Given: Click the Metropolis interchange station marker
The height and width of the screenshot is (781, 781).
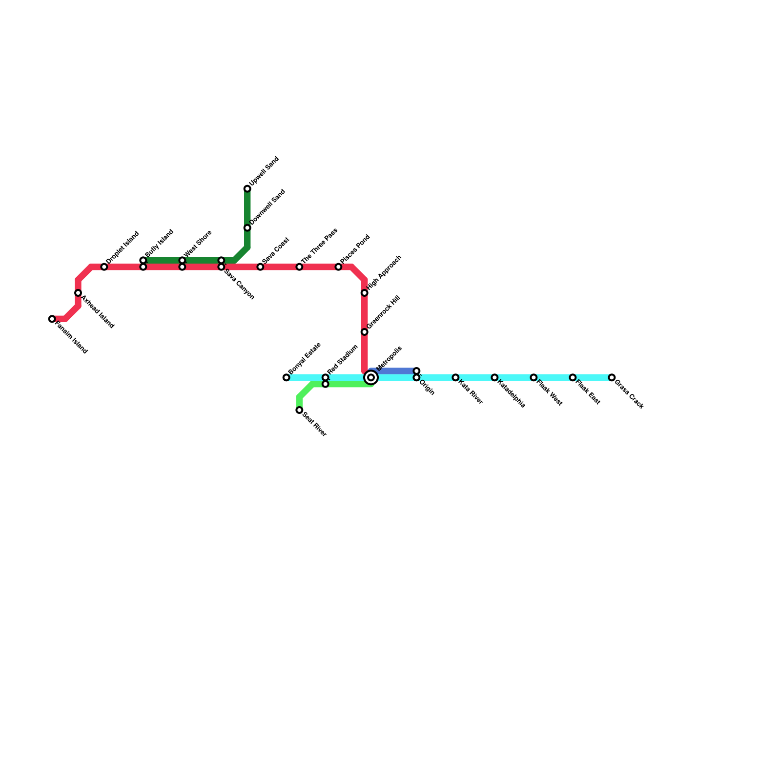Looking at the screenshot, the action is [371, 377].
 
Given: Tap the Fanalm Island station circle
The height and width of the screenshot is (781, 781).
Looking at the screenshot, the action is [52, 319].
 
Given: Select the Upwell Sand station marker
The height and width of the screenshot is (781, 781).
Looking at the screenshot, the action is [247, 189].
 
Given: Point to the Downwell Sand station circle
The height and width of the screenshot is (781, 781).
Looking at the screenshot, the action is [247, 228].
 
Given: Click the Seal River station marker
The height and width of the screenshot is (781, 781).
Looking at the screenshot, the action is [299, 410].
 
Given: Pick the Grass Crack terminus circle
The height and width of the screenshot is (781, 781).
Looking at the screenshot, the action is [612, 377].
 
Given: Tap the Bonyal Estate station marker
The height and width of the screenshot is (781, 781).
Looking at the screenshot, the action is [287, 377].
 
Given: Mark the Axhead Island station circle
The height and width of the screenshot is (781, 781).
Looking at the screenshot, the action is [78, 293].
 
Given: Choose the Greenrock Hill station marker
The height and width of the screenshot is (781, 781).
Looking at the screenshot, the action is [365, 332].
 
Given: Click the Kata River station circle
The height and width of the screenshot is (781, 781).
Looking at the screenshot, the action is [455, 377].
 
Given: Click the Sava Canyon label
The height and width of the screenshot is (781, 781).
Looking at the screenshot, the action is [239, 284].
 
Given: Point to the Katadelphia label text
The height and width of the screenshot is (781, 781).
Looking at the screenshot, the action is [511, 393].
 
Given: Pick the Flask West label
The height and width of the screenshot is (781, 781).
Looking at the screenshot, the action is [550, 393].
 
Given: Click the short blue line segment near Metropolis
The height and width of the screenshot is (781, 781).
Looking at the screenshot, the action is [393, 371].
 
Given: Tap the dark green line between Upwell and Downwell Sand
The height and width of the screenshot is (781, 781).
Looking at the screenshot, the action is [247, 208].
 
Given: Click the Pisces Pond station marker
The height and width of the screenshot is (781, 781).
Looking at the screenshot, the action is [338, 267].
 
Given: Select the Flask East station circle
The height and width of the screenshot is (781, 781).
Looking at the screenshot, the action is [573, 377].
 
